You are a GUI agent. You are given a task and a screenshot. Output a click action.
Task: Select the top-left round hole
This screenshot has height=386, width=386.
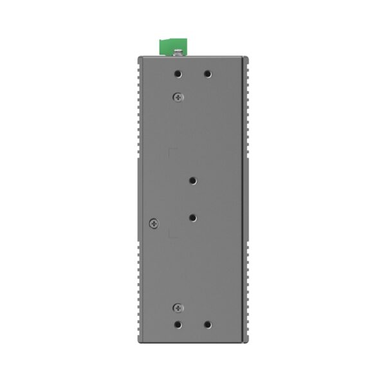[179, 74]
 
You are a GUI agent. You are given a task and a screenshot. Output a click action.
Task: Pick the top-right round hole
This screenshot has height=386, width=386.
[207, 74]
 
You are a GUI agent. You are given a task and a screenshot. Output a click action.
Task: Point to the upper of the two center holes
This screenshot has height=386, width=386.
[192, 181]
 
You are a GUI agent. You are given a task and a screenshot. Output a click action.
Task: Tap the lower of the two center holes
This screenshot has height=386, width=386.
[192, 217]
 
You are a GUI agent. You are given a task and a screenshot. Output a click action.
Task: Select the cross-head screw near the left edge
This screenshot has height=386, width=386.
[153, 223]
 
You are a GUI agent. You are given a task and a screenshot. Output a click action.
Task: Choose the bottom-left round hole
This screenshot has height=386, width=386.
[179, 324]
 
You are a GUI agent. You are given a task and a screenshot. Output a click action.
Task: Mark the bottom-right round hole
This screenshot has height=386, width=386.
[207, 324]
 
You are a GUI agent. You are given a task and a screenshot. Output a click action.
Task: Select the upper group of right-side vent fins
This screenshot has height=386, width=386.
[245, 109]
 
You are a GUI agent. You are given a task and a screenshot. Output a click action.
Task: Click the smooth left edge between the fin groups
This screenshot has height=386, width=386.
[138, 199]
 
